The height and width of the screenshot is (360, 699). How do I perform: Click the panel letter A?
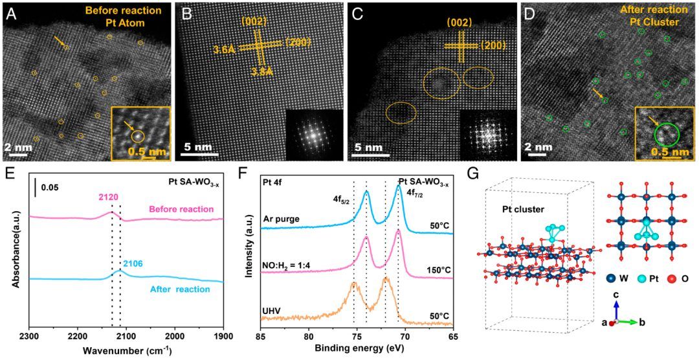click(x=11, y=12)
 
